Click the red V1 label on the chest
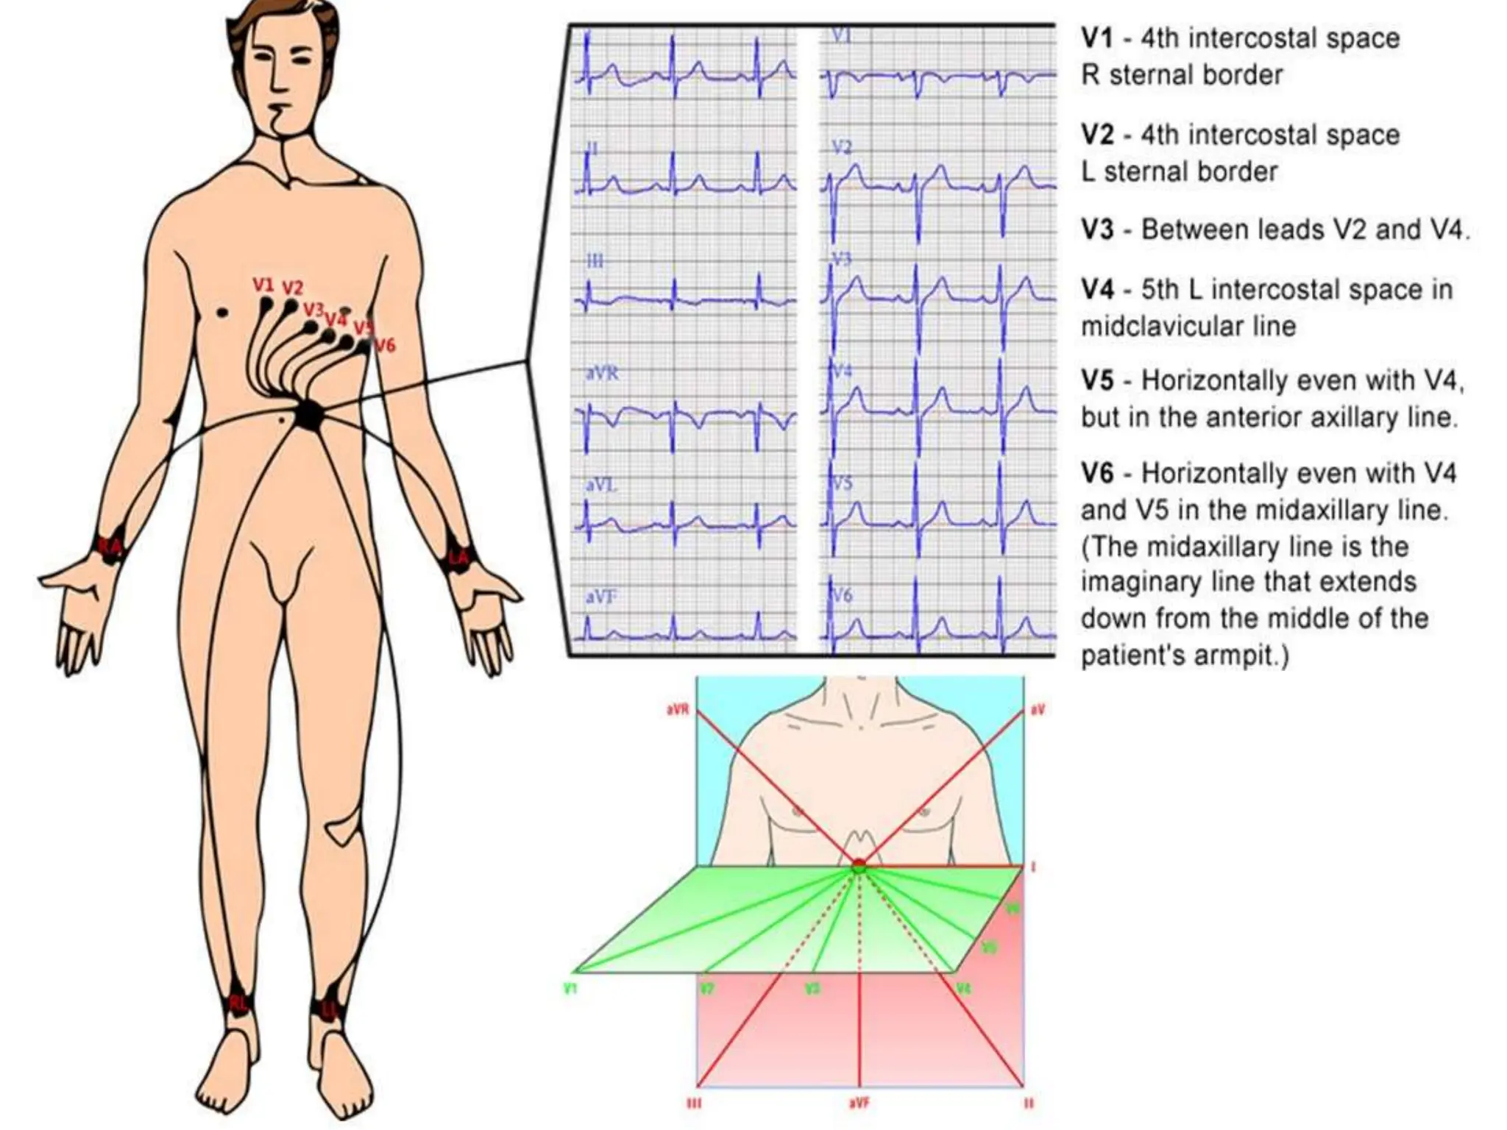pos(263,285)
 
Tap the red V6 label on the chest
pos(384,344)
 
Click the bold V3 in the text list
pos(1097,230)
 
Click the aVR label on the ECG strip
pos(602,374)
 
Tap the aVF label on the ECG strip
pos(601,597)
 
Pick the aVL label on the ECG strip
pos(601,486)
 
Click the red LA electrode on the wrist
pos(458,558)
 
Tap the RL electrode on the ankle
pos(238,1003)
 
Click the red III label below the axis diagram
pos(693,1104)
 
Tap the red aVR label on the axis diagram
pos(676,711)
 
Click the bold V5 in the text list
pos(1097,381)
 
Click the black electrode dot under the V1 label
pos(266,302)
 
